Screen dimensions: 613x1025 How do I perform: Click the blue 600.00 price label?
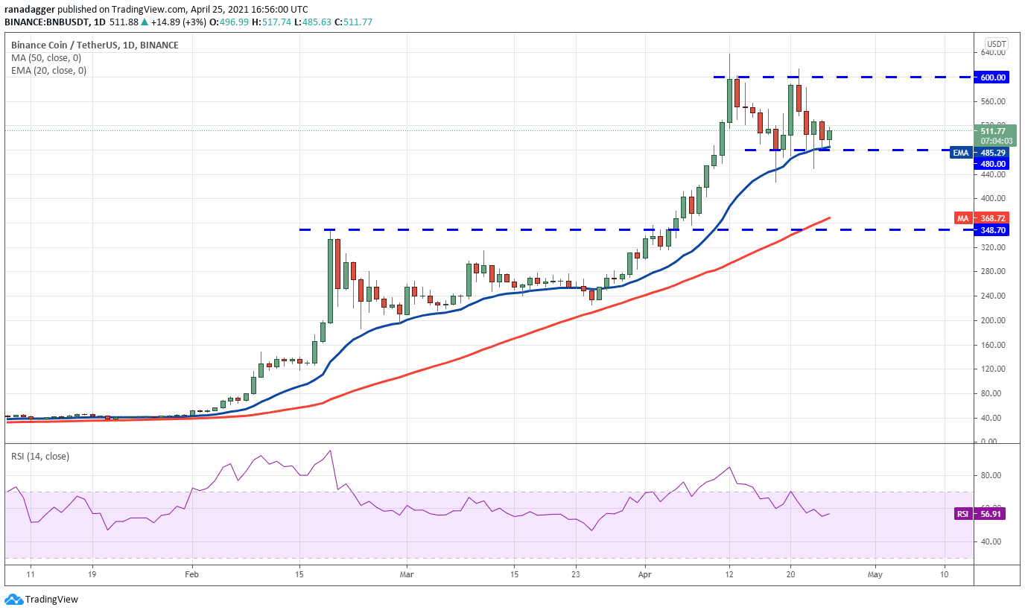pyautogui.click(x=994, y=77)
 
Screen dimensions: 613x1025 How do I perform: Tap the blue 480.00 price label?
pyautogui.click(x=994, y=164)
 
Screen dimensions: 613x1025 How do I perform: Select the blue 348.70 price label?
pyautogui.click(x=994, y=231)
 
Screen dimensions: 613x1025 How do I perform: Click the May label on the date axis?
pyautogui.click(x=875, y=574)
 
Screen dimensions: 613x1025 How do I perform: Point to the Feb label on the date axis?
pyautogui.click(x=192, y=574)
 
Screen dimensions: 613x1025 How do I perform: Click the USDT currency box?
pyautogui.click(x=996, y=43)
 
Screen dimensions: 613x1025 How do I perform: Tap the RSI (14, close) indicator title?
pyautogui.click(x=40, y=456)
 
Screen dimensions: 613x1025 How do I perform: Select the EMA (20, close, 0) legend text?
pyautogui.click(x=49, y=71)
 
